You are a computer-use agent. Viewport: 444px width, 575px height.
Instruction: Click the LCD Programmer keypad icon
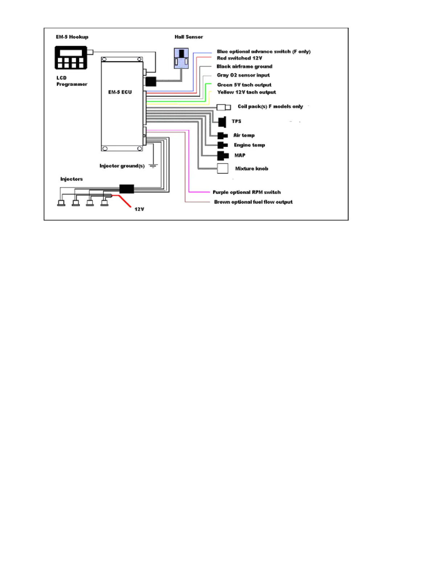tap(71, 58)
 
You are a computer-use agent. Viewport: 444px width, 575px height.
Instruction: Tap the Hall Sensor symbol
tap(181, 58)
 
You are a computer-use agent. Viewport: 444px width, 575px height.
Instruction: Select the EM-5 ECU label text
tap(120, 92)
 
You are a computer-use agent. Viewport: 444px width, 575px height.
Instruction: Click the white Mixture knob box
tap(222, 168)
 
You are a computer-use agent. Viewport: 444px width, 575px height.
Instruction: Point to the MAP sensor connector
tap(223, 156)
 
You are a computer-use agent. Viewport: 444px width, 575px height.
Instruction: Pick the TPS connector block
tap(222, 122)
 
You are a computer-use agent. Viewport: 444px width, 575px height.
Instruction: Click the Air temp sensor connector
tap(222, 136)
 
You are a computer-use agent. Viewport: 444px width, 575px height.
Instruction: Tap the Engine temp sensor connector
tap(222, 145)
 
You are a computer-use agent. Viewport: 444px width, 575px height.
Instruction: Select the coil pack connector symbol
tap(223, 107)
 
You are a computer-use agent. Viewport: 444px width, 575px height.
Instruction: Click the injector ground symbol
tap(153, 166)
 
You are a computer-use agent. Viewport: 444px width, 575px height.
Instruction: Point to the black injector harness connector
tap(127, 189)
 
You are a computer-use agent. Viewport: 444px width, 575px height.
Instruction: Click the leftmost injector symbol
tap(61, 203)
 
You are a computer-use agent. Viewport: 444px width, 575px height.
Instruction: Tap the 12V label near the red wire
tap(139, 209)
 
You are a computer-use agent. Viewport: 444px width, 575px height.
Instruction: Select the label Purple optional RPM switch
tap(246, 192)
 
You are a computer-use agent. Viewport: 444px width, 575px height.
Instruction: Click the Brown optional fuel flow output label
tap(253, 202)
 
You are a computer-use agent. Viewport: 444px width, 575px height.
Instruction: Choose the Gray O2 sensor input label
tap(243, 75)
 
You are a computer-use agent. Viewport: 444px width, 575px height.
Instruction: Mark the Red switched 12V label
tap(239, 58)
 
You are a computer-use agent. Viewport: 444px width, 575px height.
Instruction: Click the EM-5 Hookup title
tap(72, 37)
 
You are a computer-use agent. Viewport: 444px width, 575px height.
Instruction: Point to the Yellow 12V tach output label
tap(246, 92)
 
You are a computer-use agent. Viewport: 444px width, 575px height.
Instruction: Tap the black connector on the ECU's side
tap(151, 81)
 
